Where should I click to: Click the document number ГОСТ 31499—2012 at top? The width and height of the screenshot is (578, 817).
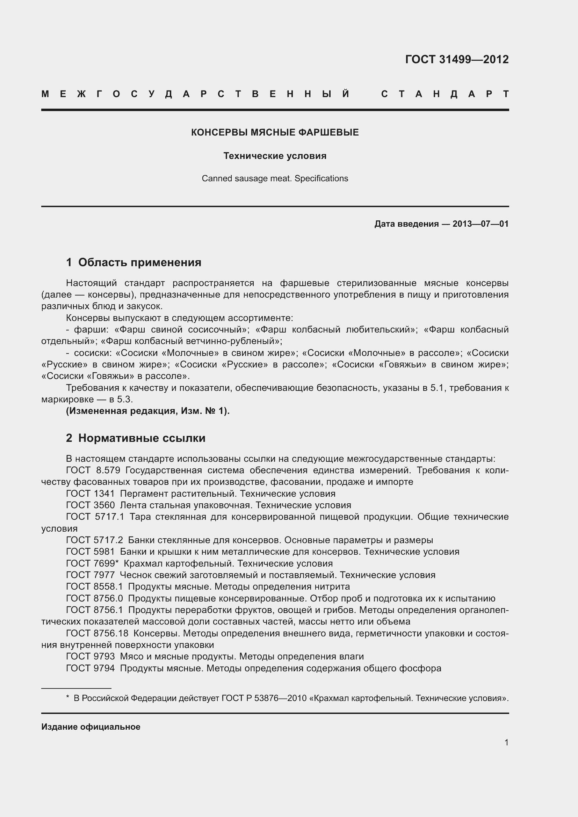[457, 59]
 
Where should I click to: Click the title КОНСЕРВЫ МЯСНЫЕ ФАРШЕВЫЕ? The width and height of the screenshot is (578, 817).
[275, 132]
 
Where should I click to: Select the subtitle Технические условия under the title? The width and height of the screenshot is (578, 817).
[275, 156]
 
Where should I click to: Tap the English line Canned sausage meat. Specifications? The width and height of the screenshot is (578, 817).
[275, 178]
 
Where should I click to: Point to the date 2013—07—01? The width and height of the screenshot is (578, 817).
[480, 224]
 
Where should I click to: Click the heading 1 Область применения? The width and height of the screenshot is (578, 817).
[133, 262]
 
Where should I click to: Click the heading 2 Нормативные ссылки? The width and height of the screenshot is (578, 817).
[136, 438]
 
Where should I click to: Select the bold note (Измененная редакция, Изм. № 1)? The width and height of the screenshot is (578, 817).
[148, 411]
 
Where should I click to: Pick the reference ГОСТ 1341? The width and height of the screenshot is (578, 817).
[91, 494]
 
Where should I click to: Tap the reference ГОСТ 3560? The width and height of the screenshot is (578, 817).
[91, 505]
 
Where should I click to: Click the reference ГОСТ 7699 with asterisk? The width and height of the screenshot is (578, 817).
[92, 563]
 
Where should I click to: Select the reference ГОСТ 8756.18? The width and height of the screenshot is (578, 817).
[97, 633]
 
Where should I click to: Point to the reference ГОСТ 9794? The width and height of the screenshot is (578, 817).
[91, 668]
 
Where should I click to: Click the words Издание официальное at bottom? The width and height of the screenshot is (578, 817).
[91, 727]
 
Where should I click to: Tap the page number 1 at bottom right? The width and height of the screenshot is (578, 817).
[506, 742]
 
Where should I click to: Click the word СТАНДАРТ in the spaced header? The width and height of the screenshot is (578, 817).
[445, 94]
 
